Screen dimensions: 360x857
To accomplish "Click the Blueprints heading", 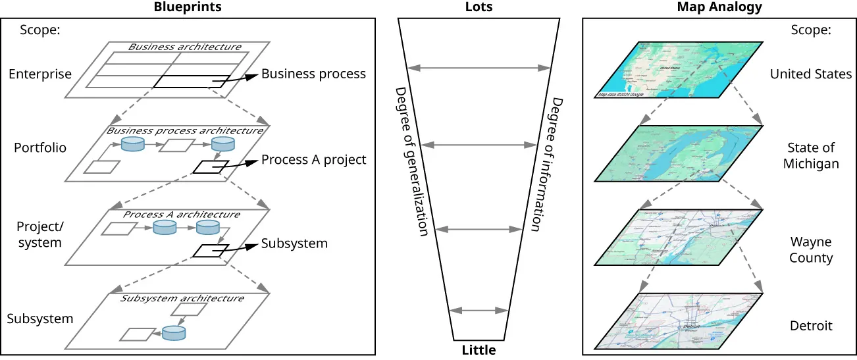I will [x=188, y=7].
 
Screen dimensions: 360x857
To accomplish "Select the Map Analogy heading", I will [x=719, y=7].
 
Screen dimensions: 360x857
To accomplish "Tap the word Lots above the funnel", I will [x=479, y=7].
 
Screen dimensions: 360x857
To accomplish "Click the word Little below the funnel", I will [x=479, y=350].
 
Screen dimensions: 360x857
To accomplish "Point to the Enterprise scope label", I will [x=40, y=74].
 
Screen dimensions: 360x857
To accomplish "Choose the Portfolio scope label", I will [x=40, y=148].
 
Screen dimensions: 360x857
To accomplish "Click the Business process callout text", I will [x=313, y=74].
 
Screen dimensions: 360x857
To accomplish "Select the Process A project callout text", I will [x=313, y=160].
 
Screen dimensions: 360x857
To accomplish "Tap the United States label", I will [x=811, y=74].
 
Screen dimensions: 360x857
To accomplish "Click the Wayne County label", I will [x=811, y=250].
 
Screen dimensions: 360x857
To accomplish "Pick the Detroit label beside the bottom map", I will [x=811, y=326].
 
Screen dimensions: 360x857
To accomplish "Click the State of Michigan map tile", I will [x=678, y=153].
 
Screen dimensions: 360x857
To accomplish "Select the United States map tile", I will [x=678, y=69].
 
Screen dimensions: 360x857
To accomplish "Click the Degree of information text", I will [x=546, y=165].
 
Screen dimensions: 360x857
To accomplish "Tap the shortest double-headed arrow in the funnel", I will [x=479, y=310].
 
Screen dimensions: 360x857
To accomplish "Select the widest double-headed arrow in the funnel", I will [x=479, y=67].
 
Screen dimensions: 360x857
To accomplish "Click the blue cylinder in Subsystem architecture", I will [x=174, y=333].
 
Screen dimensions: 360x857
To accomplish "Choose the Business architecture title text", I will [x=184, y=47].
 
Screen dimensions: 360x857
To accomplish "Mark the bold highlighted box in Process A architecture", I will [x=211, y=250].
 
